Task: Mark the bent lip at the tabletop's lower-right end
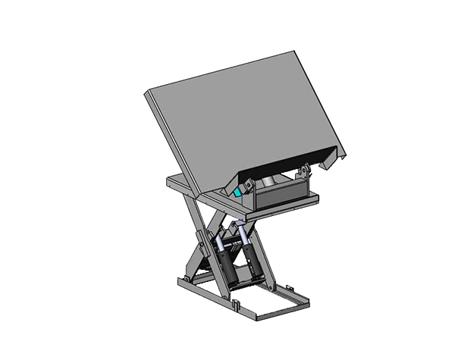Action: [334, 158]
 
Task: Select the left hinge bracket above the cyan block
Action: [246, 183]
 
